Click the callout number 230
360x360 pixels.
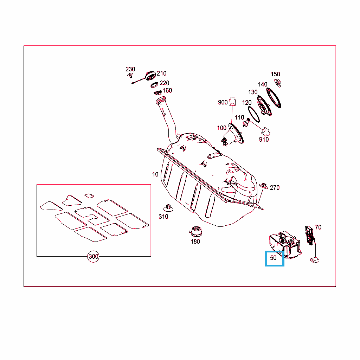(130, 69)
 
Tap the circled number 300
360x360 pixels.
(93, 256)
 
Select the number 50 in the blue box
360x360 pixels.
(273, 258)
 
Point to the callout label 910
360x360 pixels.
(264, 139)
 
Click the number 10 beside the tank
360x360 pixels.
(155, 174)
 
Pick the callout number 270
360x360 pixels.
(275, 188)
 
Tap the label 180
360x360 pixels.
(195, 242)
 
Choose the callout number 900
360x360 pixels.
(223, 102)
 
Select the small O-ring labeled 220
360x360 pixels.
(154, 85)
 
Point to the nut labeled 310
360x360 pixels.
(168, 208)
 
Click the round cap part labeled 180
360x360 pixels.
(195, 231)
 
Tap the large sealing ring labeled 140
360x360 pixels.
(274, 98)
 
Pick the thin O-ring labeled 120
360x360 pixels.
(254, 114)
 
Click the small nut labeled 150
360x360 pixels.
(278, 83)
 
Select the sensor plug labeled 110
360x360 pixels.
(246, 122)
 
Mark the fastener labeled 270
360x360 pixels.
(264, 186)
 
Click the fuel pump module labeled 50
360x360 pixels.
(285, 245)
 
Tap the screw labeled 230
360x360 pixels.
(130, 75)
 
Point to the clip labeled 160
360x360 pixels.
(158, 92)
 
